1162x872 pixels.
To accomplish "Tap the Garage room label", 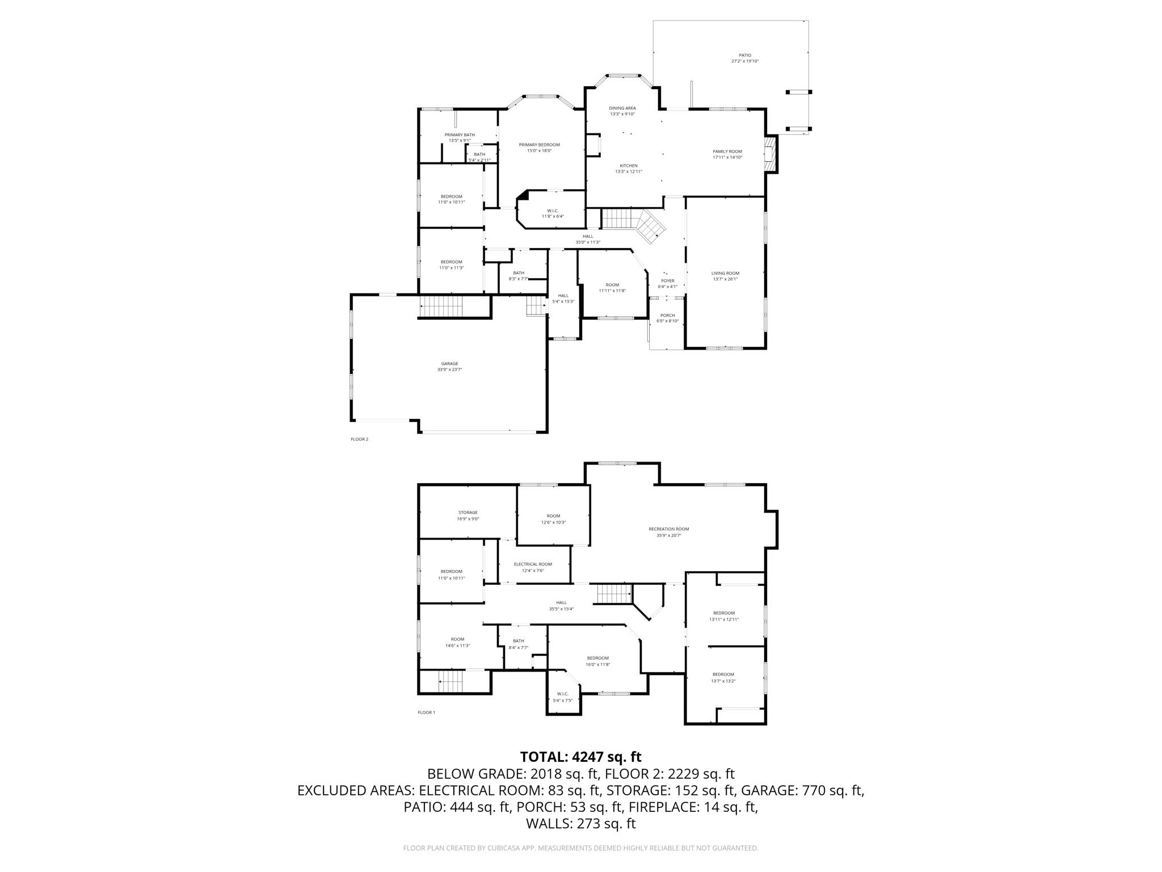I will [x=449, y=364].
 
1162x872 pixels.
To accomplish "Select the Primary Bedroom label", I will [x=539, y=145].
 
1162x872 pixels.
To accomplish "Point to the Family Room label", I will [x=727, y=152].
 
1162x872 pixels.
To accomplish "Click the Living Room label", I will [x=725, y=273].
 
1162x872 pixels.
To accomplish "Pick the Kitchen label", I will [x=628, y=166].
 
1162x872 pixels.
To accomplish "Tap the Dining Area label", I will [x=622, y=108].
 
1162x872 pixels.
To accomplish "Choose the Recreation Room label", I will [x=668, y=529].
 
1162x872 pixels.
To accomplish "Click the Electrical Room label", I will [x=533, y=564].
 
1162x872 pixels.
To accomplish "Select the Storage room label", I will [x=468, y=513].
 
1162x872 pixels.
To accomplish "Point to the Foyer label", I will [x=667, y=281].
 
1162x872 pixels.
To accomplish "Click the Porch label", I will [x=667, y=316].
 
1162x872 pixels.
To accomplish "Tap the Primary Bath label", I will [x=460, y=135].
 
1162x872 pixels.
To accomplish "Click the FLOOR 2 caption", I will [x=359, y=439].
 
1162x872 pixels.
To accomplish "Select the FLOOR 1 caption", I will [x=426, y=712].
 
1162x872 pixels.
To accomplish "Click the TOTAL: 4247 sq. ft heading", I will [x=580, y=757].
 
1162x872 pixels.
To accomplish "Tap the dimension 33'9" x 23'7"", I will [x=449, y=370].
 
